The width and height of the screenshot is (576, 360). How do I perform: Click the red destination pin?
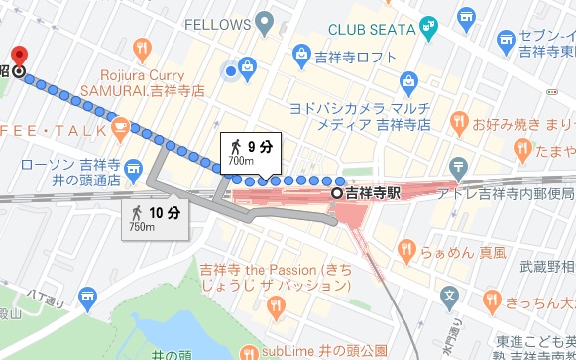(18, 56)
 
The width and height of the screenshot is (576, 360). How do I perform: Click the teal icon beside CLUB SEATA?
(428, 25)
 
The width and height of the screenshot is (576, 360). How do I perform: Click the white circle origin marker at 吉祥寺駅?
(338, 193)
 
